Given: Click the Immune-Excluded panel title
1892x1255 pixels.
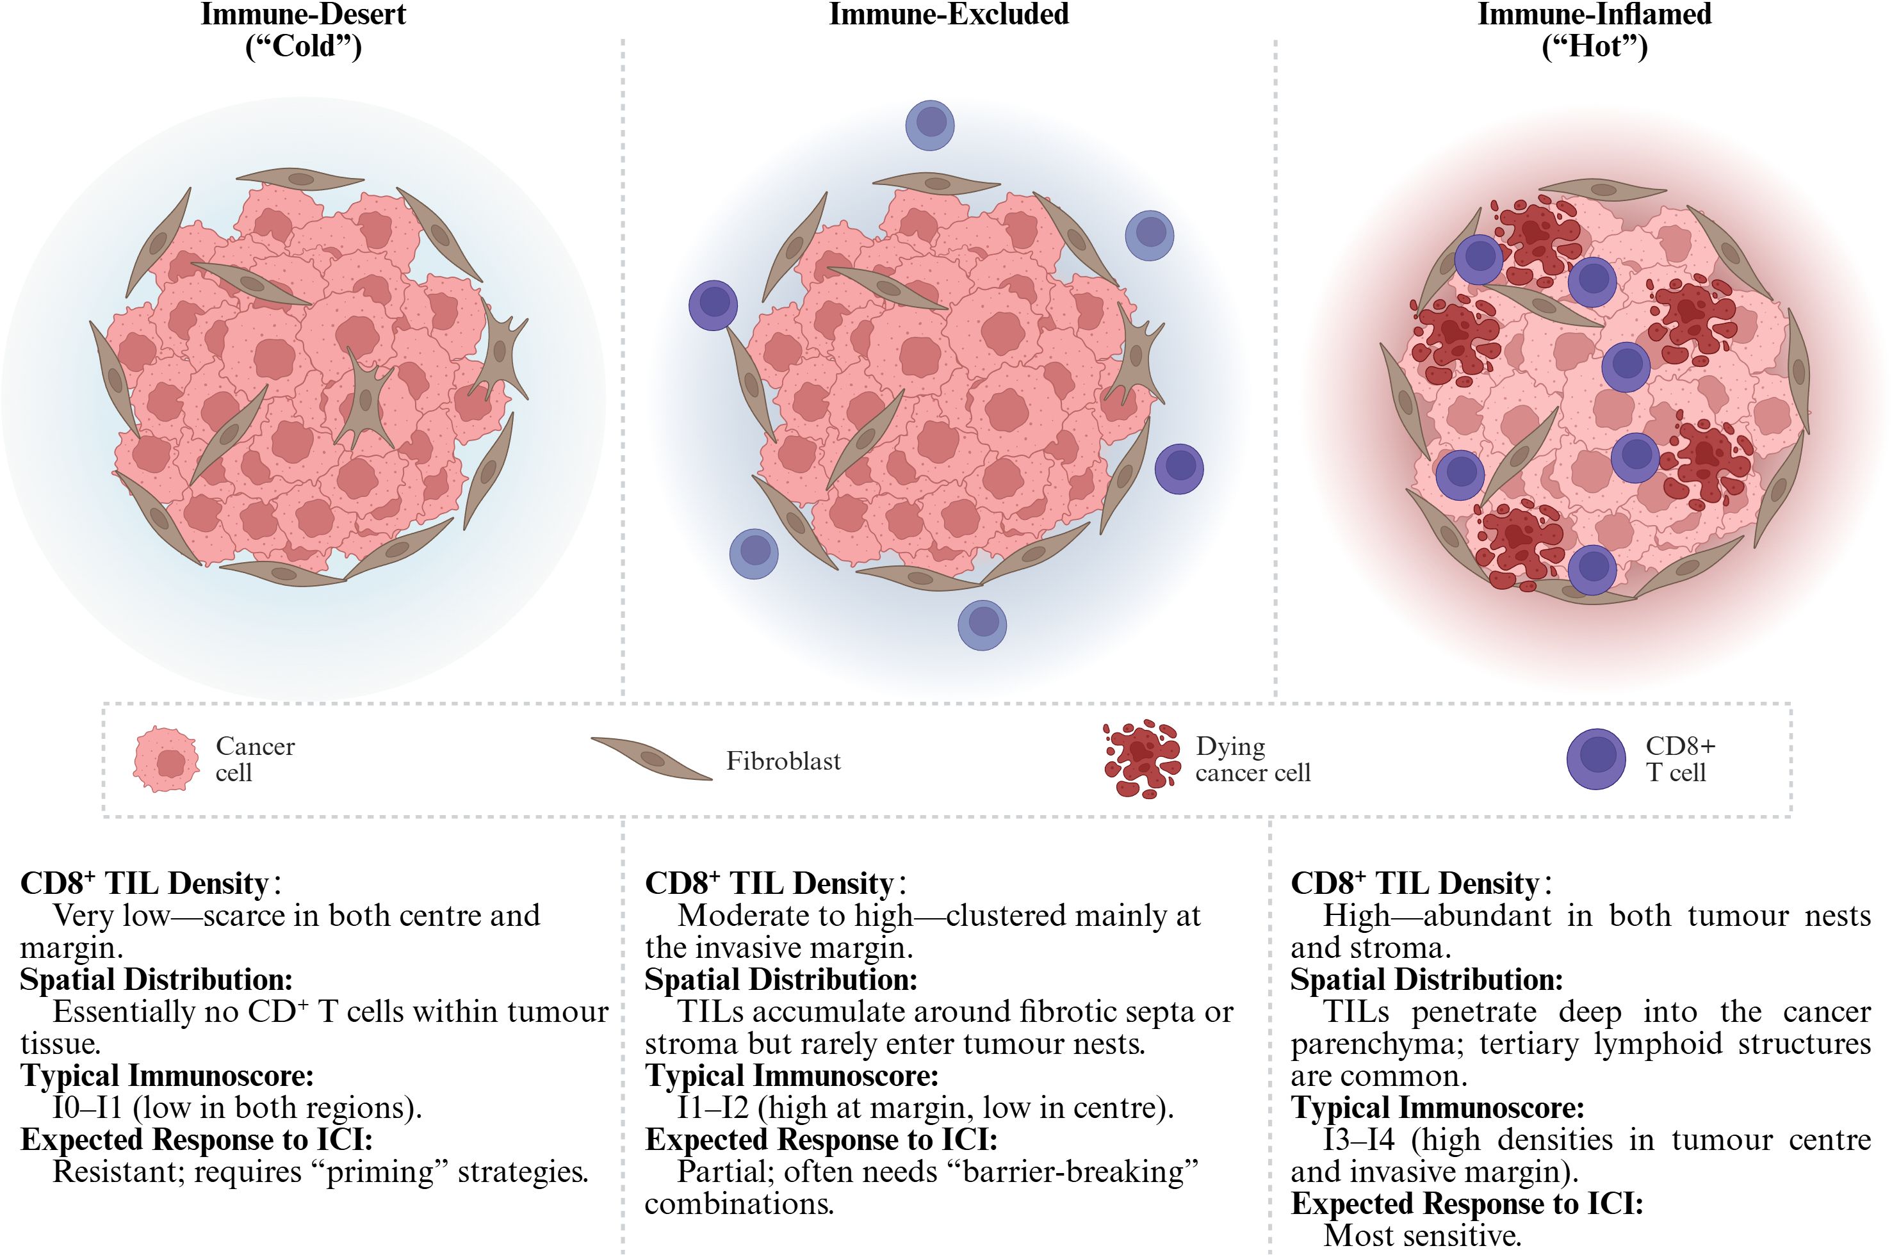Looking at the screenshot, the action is [948, 14].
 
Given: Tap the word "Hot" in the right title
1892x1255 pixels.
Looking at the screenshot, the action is [1594, 46].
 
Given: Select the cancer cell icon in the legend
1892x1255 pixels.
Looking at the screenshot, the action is [166, 759].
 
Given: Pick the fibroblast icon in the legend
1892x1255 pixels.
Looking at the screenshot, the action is [651, 757].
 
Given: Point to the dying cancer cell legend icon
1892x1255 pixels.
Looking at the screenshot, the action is [1141, 759].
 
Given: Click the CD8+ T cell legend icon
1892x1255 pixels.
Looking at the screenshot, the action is [1595, 759].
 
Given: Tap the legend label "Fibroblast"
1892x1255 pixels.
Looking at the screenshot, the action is [783, 761].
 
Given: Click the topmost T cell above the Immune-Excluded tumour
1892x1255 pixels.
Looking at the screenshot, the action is [929, 124].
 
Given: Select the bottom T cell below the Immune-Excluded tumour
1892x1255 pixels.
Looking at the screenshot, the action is [982, 624].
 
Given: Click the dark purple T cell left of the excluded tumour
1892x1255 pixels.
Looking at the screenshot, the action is [713, 305].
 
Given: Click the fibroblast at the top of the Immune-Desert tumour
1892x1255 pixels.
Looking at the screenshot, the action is [300, 179].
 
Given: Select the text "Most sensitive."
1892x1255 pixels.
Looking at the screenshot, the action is [1421, 1235].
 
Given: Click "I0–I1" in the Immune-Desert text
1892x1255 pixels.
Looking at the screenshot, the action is [87, 1107].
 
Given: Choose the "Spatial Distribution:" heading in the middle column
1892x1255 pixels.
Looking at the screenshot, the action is [781, 979].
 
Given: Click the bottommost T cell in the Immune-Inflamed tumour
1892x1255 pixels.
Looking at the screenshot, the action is [1592, 569].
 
